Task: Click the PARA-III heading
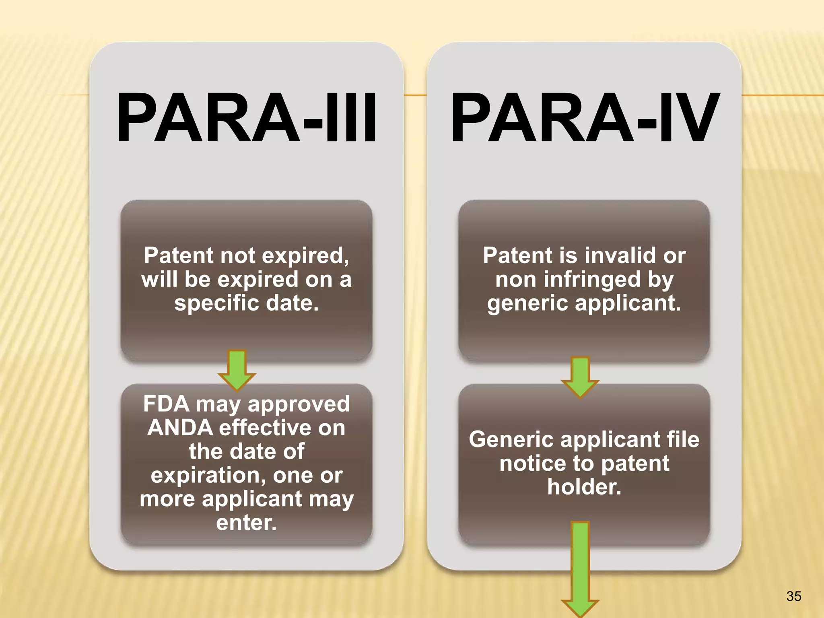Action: (246, 118)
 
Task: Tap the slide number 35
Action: (793, 596)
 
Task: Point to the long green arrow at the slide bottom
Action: (580, 567)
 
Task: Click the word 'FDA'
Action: (166, 404)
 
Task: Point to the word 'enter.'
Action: (246, 522)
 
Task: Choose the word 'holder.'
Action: (584, 487)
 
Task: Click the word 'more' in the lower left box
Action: (167, 499)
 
